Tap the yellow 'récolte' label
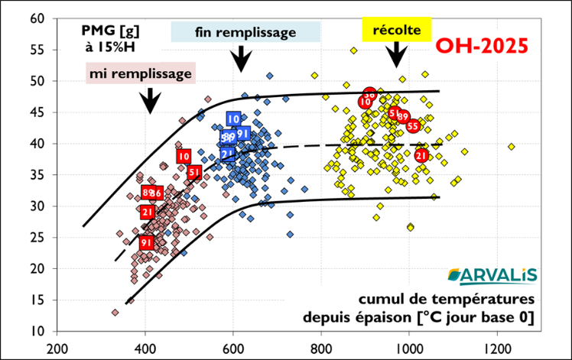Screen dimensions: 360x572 click(396, 31)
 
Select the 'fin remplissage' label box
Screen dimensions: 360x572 click(245, 32)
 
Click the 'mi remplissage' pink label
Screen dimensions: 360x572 click(141, 73)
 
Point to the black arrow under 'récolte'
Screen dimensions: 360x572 click(396, 54)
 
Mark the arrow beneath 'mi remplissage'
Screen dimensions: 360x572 click(150, 99)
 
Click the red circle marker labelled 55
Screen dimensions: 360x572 click(413, 125)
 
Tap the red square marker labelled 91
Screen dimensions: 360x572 click(147, 242)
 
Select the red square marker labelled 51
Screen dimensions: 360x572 click(194, 172)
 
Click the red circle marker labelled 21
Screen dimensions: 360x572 click(421, 155)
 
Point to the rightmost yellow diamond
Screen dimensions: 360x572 click(511, 147)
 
